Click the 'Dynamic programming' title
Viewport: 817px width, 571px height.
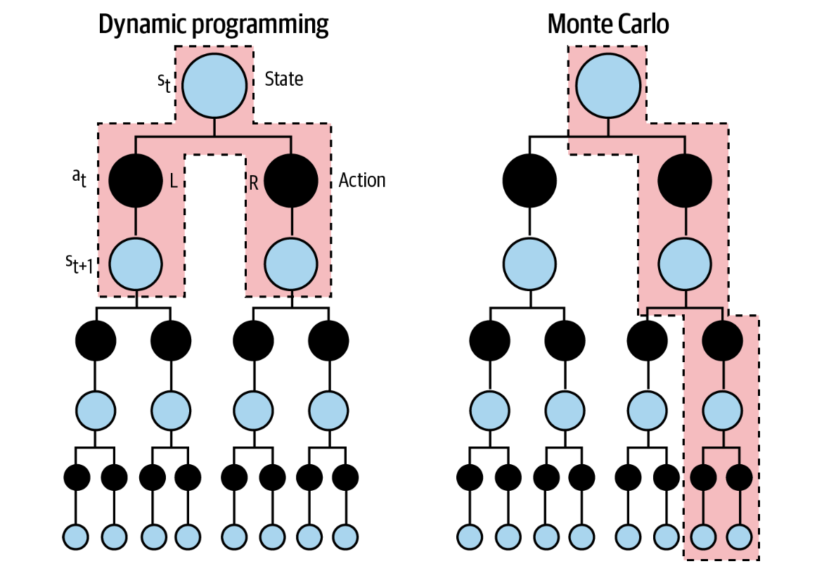pyautogui.click(x=213, y=25)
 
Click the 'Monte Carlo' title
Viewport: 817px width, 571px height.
pyautogui.click(x=607, y=25)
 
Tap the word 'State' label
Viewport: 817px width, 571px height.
pyautogui.click(x=284, y=79)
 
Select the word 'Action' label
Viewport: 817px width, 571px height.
pyautogui.click(x=362, y=181)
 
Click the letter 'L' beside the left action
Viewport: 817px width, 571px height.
pyautogui.click(x=173, y=181)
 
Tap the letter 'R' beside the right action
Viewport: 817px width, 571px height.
pyautogui.click(x=253, y=182)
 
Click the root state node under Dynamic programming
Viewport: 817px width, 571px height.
pyautogui.click(x=214, y=84)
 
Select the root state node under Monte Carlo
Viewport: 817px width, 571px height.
pyautogui.click(x=608, y=84)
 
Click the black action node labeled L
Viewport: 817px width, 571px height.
pyautogui.click(x=136, y=180)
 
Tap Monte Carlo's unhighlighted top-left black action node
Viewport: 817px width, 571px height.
pyautogui.click(x=529, y=180)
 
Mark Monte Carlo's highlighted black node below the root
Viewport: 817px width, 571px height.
pyautogui.click(x=685, y=180)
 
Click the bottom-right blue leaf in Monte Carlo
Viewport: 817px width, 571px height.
pyautogui.click(x=740, y=537)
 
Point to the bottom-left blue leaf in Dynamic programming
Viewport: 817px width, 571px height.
pyautogui.click(x=76, y=537)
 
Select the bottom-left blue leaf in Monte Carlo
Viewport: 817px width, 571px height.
pyautogui.click(x=470, y=537)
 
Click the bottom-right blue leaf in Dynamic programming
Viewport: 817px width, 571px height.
pyautogui.click(x=346, y=537)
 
